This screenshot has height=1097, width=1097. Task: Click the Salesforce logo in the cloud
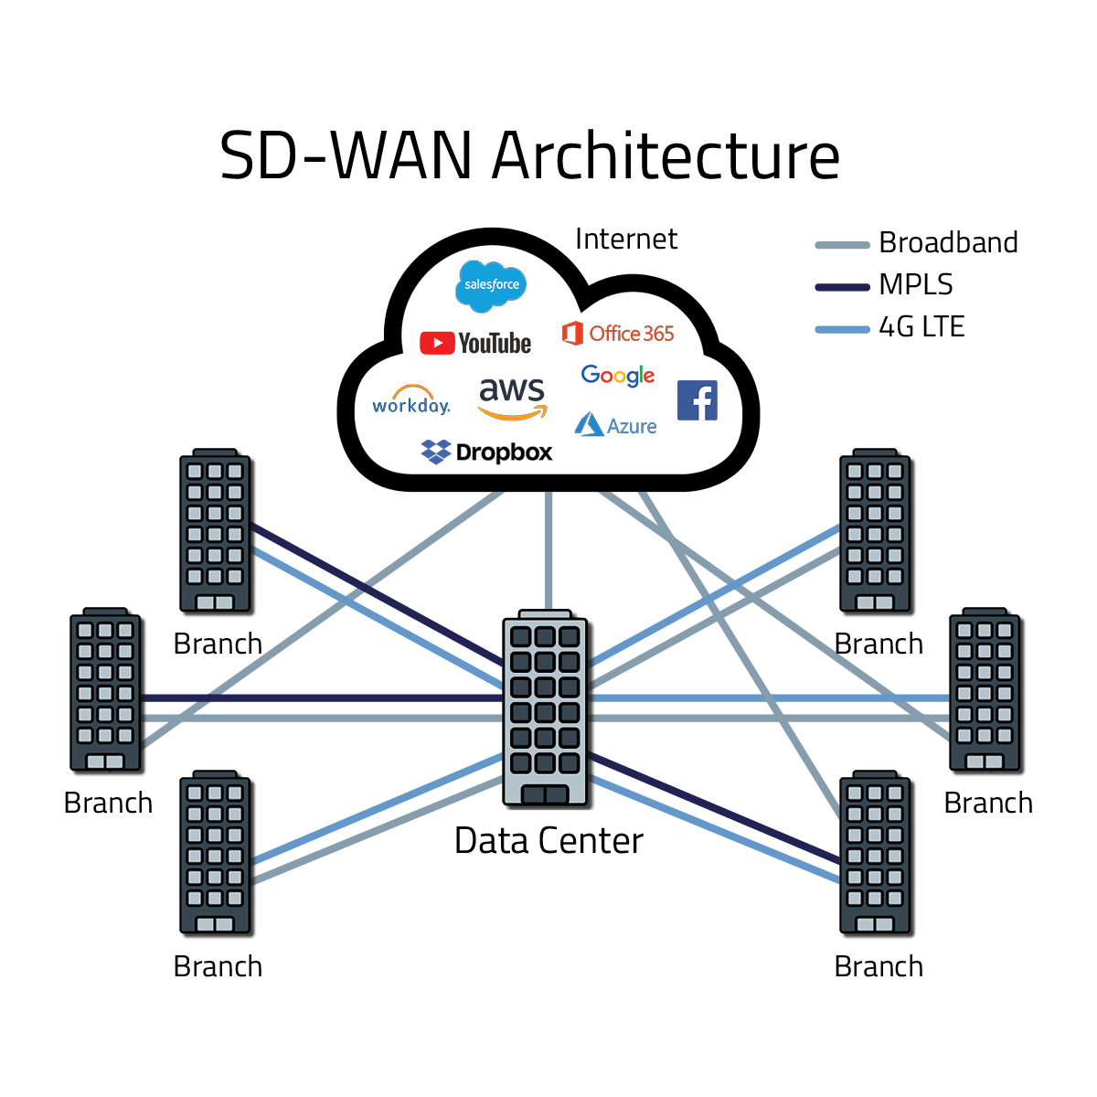491,284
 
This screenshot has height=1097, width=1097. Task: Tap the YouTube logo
475,343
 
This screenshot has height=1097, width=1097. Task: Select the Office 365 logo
618,334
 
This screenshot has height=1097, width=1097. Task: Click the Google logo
618,375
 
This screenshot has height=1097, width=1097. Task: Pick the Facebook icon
697,400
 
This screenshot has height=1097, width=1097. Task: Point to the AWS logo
512,398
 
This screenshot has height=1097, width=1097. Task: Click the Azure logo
615,425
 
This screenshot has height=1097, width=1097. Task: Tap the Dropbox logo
486,452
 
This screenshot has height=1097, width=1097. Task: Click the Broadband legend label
948,243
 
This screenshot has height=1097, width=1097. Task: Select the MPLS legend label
915,285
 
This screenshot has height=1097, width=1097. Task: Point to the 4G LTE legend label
921,327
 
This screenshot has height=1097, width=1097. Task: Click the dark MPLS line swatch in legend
842,287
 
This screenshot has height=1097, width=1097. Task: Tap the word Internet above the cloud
626,240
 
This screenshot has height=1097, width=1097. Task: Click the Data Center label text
548,841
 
